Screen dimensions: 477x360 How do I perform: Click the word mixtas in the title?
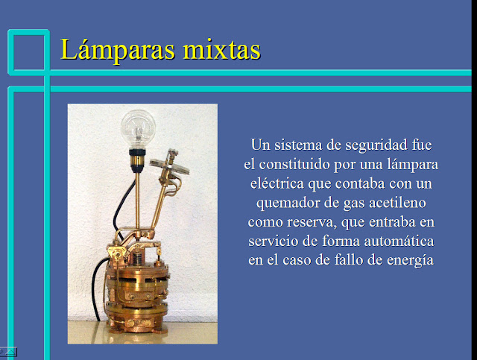click(x=222, y=49)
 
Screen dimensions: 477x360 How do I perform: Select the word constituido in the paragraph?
click(x=294, y=164)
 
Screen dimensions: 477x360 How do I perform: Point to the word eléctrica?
click(x=277, y=183)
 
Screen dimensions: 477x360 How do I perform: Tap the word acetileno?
click(x=397, y=203)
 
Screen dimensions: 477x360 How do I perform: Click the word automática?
click(x=399, y=241)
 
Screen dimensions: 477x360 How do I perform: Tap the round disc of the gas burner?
click(x=169, y=166)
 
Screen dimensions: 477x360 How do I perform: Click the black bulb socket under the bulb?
click(x=137, y=152)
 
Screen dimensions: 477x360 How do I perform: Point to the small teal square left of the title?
click(x=28, y=52)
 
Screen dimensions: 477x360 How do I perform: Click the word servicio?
click(x=274, y=241)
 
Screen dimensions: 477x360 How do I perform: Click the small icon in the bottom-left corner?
click(x=8, y=352)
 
